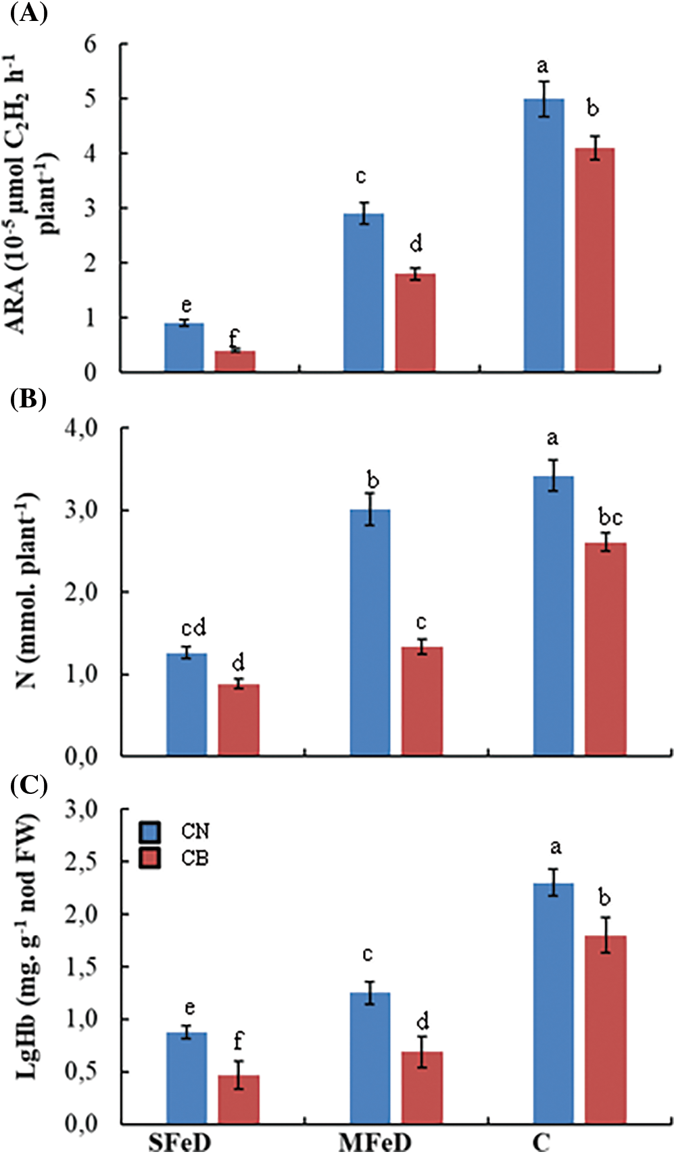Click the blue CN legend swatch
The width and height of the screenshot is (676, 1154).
(x=149, y=832)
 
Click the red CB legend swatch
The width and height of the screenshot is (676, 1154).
(x=149, y=858)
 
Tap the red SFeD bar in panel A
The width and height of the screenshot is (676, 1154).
(x=235, y=361)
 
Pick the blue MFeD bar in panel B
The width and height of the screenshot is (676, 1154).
(x=370, y=632)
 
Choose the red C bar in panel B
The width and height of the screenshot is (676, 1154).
(x=605, y=649)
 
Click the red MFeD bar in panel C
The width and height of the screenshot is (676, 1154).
(x=422, y=1087)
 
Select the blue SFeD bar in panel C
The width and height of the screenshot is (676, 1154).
(x=187, y=1078)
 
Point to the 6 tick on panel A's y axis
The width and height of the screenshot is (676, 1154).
(x=91, y=45)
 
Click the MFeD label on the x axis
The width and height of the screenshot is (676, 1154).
(x=375, y=1143)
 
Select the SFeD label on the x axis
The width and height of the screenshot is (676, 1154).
(x=180, y=1143)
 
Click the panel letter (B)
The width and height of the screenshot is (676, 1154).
(x=28, y=399)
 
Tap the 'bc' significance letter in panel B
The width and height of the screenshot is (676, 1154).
(x=610, y=518)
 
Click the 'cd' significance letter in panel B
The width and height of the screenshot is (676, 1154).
(x=193, y=628)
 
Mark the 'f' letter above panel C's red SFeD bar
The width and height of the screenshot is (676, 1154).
(x=238, y=1041)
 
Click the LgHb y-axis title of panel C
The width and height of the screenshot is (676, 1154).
(x=26, y=946)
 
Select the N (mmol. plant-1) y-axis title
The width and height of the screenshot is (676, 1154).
(x=27, y=591)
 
